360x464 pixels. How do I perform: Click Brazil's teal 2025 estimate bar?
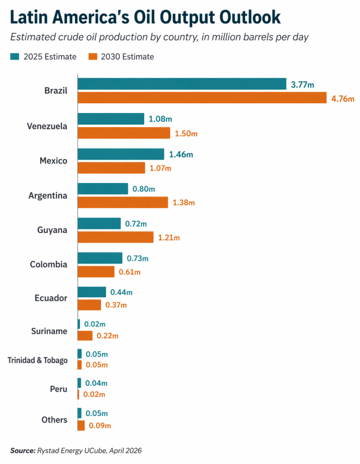click(x=182, y=84)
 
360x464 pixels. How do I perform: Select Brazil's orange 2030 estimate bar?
click(x=202, y=98)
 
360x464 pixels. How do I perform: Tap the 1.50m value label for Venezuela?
click(x=185, y=134)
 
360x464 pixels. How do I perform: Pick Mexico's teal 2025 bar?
click(x=121, y=154)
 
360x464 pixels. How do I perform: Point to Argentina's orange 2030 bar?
click(x=123, y=203)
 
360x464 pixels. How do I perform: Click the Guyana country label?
click(x=53, y=230)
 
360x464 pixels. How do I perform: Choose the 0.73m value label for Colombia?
click(x=138, y=258)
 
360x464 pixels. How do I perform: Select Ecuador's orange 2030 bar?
click(x=89, y=305)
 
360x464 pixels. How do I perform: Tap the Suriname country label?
click(x=50, y=331)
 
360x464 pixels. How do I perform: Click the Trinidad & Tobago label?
click(x=38, y=360)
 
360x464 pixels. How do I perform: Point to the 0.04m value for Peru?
click(x=96, y=383)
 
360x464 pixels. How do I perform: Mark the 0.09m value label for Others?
click(x=100, y=426)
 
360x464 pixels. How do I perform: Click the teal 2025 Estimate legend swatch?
click(x=14, y=57)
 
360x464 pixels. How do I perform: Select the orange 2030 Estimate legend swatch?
click(x=91, y=57)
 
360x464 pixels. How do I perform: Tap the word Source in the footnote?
click(x=22, y=450)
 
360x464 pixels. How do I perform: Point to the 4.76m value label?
click(x=343, y=99)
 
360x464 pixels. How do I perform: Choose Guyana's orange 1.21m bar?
click(x=115, y=237)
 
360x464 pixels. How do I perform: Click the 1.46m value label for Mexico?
click(x=181, y=154)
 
